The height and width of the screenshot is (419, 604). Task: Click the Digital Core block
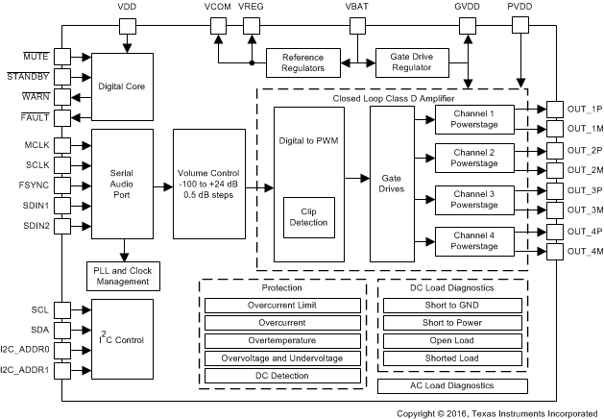(121, 86)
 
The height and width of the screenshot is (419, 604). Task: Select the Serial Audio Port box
(121, 185)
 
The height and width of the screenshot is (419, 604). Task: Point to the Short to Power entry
(452, 323)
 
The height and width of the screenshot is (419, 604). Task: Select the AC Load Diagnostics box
(452, 386)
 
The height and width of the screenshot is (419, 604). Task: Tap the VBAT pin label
(354, 8)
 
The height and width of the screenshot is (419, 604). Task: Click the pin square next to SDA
(62, 330)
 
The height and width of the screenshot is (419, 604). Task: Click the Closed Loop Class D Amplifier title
(393, 98)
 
